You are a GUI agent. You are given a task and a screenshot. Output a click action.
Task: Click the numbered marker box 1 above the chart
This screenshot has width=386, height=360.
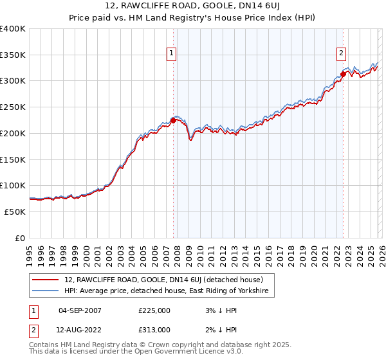point(172,54)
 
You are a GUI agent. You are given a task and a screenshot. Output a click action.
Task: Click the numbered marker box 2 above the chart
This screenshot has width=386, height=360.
point(342,54)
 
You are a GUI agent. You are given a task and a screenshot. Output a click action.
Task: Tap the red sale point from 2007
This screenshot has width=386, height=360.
point(173,120)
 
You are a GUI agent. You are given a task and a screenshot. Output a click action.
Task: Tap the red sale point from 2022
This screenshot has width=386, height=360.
point(343,74)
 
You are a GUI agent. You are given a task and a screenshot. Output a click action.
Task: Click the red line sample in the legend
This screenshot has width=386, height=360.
point(46,280)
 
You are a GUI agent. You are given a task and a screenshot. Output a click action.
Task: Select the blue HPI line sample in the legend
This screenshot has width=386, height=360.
point(46,291)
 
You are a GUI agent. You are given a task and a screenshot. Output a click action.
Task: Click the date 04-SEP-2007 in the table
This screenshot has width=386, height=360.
point(80,310)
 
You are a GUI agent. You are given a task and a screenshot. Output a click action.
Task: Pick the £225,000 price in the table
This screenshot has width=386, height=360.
point(154,310)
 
